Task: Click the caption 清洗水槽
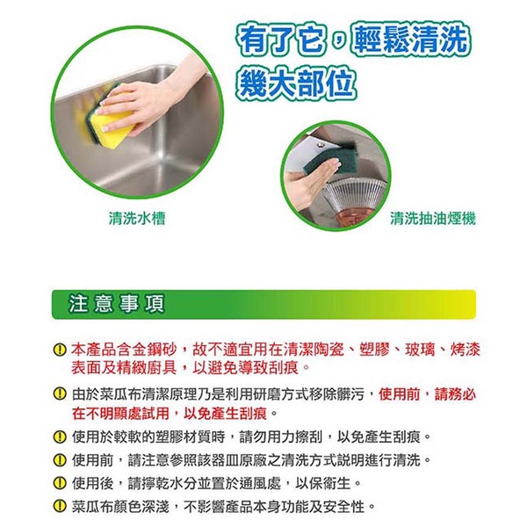point(137,219)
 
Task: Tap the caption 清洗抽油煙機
point(433,219)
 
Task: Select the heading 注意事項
point(116,304)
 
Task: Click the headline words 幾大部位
point(296,83)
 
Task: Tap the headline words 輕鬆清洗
point(408,40)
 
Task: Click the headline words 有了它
point(281,40)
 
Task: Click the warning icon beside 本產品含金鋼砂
point(60,350)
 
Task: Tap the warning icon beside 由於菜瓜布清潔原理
point(60,393)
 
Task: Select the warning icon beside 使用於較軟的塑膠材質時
point(60,437)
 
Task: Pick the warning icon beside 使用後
point(60,484)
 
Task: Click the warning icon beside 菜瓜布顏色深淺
point(60,507)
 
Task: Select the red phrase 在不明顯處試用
point(120,414)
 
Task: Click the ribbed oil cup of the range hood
point(353,199)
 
